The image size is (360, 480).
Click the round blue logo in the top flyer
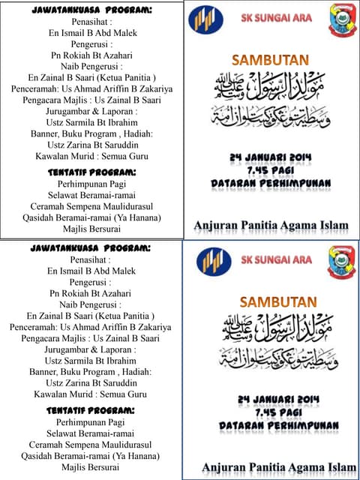(205, 20)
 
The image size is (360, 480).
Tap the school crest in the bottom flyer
(342, 263)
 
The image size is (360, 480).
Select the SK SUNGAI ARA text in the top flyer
(277, 18)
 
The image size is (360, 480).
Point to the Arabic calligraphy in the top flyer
(272, 100)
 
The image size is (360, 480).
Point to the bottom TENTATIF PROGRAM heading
(91, 410)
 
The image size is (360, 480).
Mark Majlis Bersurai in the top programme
(91, 229)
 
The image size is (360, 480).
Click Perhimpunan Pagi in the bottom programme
(91, 422)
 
